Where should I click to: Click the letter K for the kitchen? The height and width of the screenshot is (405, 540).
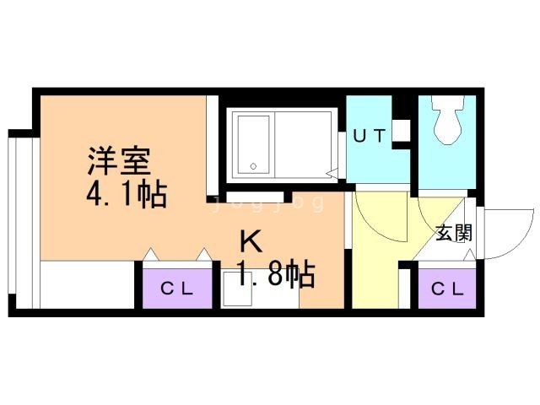point(251,242)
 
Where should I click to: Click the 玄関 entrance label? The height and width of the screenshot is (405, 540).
point(454,233)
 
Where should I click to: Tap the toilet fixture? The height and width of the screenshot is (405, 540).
point(445,123)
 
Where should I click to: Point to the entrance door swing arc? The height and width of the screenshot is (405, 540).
point(498,236)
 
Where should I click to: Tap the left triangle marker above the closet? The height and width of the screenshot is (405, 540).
point(150,254)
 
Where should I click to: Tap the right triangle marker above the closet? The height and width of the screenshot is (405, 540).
point(203,254)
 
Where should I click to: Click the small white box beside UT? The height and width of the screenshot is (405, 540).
point(402,131)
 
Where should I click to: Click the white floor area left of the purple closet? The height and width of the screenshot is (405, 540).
point(88,287)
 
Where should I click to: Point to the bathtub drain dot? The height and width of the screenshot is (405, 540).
point(251,165)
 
